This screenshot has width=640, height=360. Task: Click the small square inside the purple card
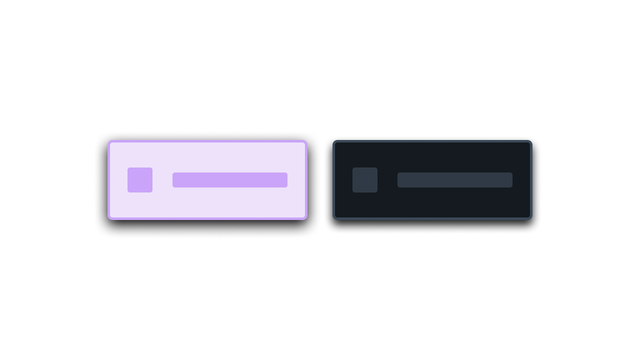coord(140,180)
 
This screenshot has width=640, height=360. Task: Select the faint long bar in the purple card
coord(229,180)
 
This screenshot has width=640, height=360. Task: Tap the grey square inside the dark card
coord(365,180)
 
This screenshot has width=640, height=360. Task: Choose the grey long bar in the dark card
coord(455,180)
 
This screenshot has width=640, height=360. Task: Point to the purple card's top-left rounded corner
coord(110,142)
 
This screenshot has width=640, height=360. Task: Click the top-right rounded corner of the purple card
coord(305,142)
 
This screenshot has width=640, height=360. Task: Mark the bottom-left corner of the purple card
coord(110,217)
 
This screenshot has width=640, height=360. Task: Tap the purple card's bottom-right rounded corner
coord(305,217)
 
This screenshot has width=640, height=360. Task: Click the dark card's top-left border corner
coord(335,142)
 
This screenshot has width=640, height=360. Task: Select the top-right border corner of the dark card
coord(530,142)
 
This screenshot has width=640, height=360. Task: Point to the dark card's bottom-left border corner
coord(335,217)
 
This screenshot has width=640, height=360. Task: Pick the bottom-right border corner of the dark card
coord(530,217)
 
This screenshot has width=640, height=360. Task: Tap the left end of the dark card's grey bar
coord(400,180)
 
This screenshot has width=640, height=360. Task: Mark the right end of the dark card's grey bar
coord(510,180)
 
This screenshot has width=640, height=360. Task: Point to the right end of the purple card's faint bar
coord(284,180)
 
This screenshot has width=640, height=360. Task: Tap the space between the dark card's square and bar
coord(387,180)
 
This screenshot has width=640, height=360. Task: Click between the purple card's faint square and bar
coord(162,180)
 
